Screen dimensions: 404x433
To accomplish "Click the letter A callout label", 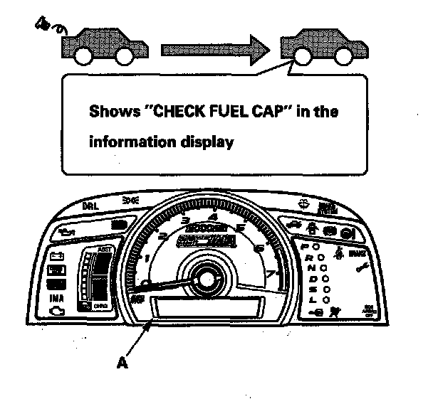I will click(x=122, y=363).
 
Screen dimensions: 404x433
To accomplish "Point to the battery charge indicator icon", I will click(x=56, y=257).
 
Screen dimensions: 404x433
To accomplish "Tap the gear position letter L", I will click(x=312, y=299).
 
